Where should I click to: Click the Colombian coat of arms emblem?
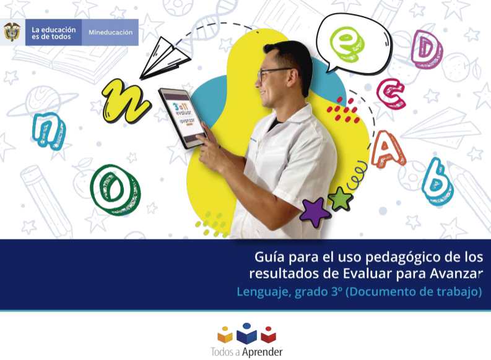[x=11, y=32]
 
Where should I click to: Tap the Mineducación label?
[x=110, y=32]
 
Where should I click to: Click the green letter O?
[x=115, y=188]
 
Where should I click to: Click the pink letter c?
[x=392, y=94]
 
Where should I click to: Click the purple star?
[x=315, y=212]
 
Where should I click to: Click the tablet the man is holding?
[x=183, y=116]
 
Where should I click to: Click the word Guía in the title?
[x=269, y=257]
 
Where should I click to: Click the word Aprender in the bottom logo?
[x=261, y=351]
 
